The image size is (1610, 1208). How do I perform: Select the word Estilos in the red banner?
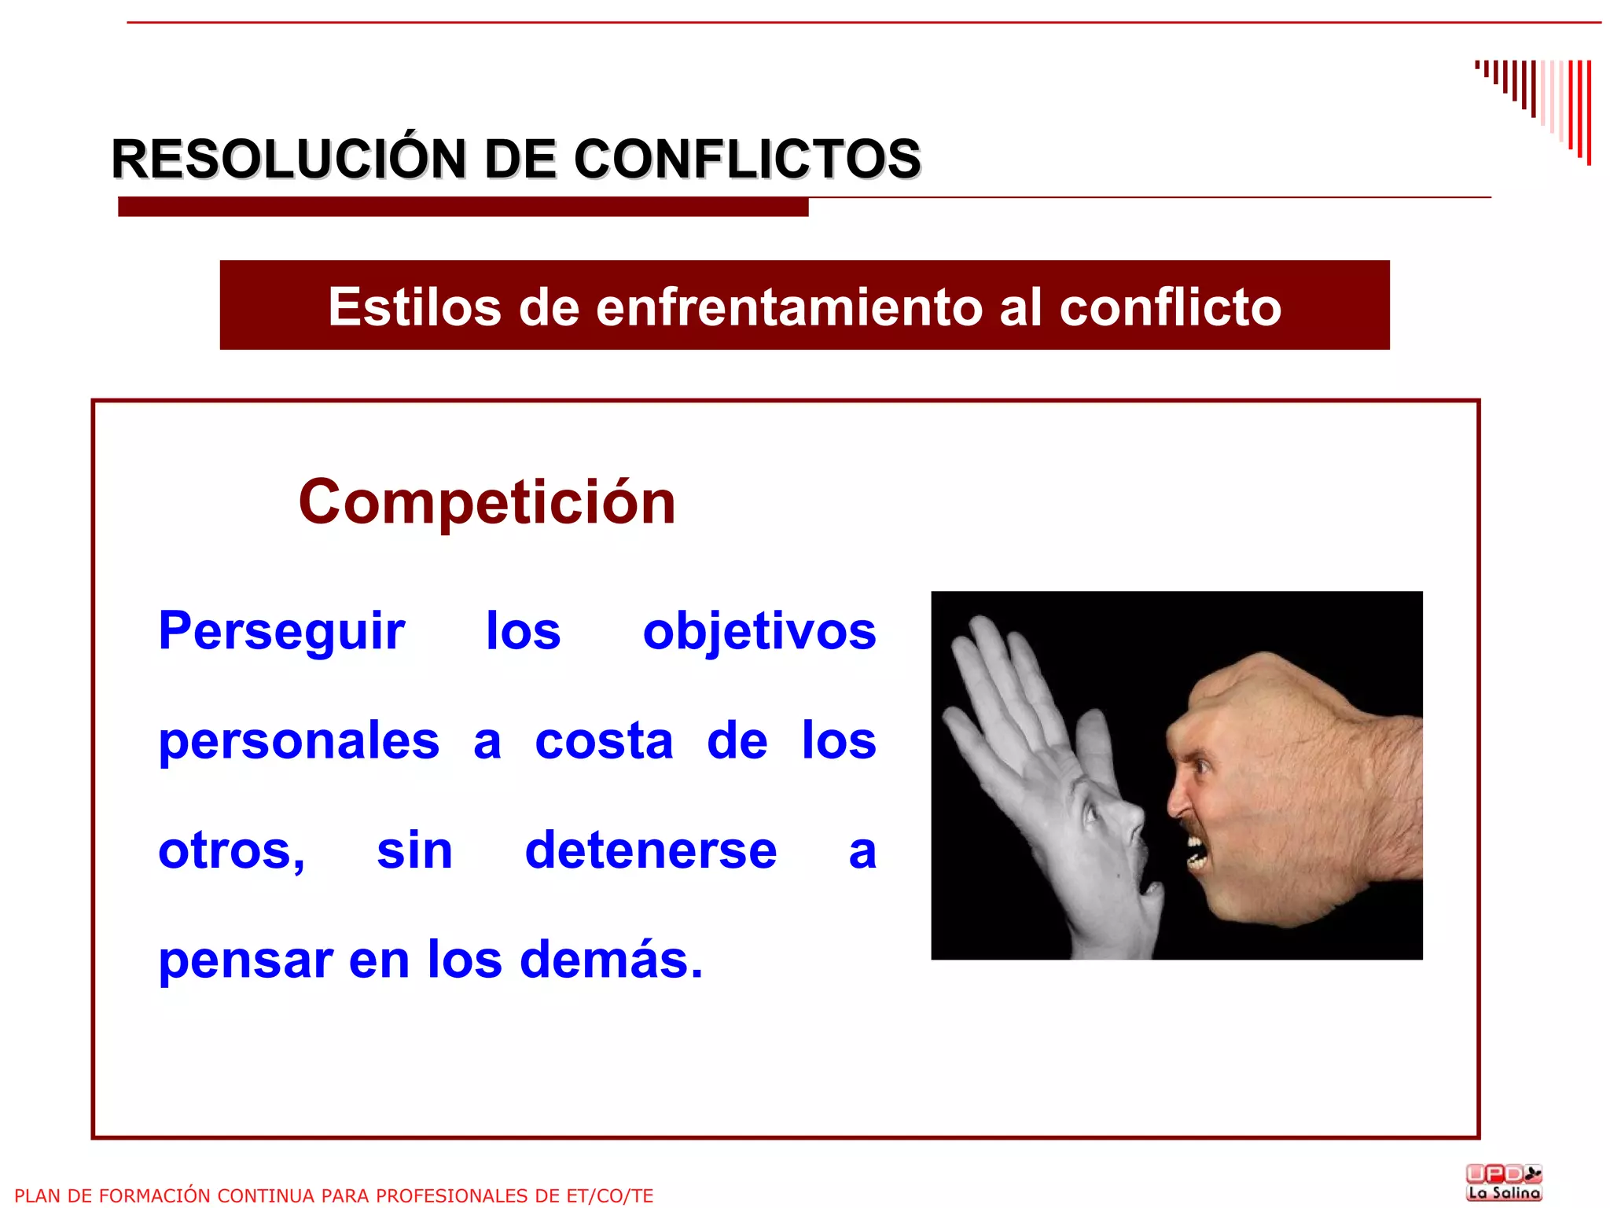[414, 307]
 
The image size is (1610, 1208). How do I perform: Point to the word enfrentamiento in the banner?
[788, 307]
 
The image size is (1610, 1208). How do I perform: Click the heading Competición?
[487, 502]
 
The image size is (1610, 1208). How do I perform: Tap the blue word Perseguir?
[281, 631]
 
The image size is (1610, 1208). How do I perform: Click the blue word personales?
[299, 741]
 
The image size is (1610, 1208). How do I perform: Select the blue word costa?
[604, 741]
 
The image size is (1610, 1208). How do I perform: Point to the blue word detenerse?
[651, 850]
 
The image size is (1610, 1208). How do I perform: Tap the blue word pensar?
[245, 960]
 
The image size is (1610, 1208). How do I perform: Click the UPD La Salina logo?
[1504, 1182]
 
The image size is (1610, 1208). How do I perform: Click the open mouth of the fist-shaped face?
[1196, 854]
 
